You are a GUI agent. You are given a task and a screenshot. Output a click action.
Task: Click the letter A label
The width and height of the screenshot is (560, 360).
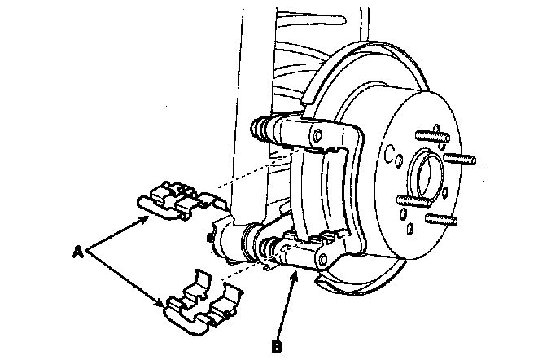point(79,253)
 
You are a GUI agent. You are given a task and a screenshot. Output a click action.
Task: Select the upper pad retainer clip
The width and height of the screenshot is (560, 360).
point(178,200)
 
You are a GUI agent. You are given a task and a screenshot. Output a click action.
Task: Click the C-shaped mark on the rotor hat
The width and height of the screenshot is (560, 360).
point(392,151)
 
